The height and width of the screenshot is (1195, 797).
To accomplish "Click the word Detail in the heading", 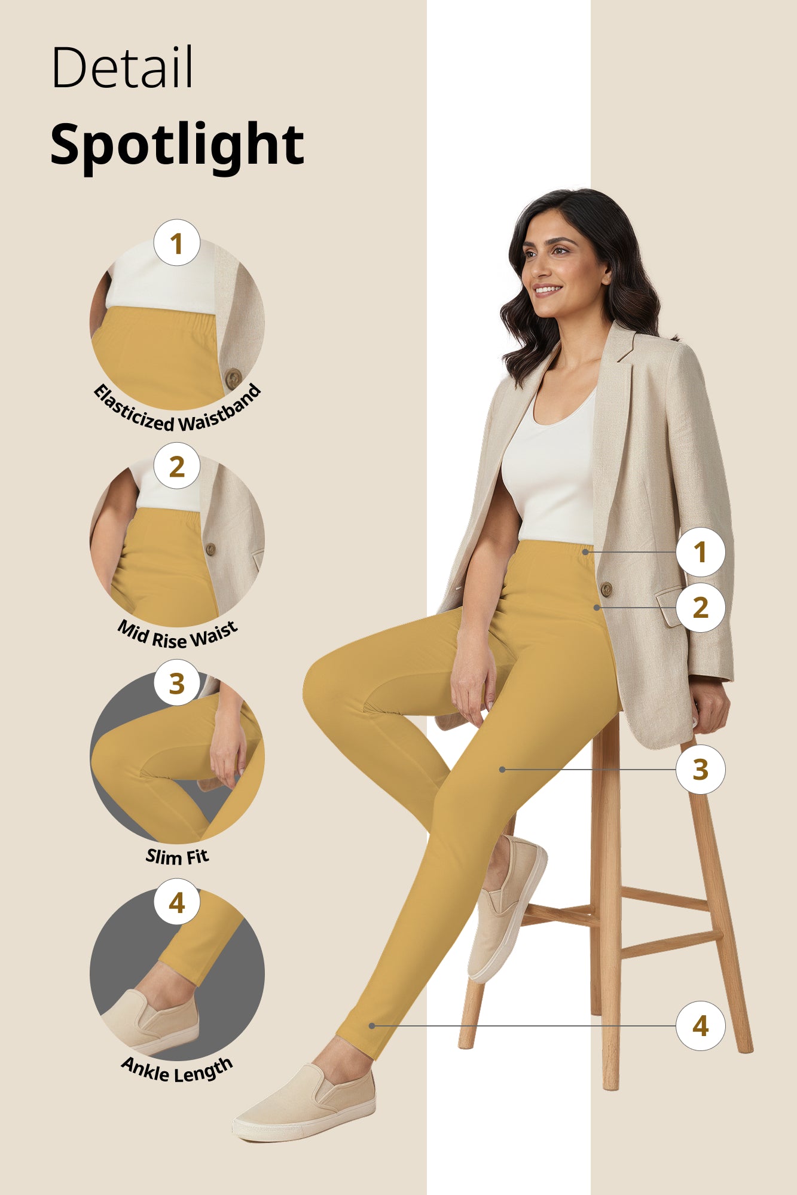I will coord(123,68).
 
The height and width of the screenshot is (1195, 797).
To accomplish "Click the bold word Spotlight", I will coord(177,144).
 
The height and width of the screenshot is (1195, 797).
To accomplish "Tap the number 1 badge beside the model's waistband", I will coord(700,552).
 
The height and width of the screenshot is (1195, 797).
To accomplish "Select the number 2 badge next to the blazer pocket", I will coord(700,608).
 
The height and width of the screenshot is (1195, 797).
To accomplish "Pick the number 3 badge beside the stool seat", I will coord(700,770).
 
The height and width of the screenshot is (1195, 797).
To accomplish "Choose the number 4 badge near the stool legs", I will coord(700,1026).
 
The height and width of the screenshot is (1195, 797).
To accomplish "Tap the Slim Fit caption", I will coord(177,857).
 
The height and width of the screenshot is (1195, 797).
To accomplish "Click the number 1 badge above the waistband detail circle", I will coord(176,243).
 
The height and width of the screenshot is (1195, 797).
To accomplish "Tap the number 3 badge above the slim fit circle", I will coord(176,683).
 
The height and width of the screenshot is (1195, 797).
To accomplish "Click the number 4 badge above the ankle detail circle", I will coord(176,902).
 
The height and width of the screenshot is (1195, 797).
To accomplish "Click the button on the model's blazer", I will coord(606,589).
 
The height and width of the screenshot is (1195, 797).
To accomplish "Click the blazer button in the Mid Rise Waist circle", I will coord(210,549).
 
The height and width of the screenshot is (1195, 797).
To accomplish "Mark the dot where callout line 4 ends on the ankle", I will coord(372,1026).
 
